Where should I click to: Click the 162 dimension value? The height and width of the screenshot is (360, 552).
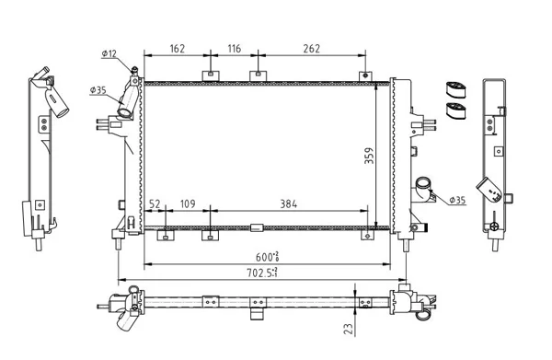click(177, 49)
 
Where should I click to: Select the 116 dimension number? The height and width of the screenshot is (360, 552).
click(235, 49)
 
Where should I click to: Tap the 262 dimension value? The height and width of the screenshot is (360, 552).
click(312, 49)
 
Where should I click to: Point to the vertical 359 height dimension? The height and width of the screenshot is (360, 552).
click(369, 156)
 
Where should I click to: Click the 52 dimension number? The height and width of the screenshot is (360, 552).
click(155, 204)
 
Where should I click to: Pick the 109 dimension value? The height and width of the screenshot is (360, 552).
click(188, 204)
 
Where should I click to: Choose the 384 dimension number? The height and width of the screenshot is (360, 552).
click(289, 204)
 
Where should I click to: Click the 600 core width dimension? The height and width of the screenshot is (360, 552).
click(268, 257)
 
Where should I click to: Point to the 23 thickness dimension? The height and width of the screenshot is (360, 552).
click(349, 329)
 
